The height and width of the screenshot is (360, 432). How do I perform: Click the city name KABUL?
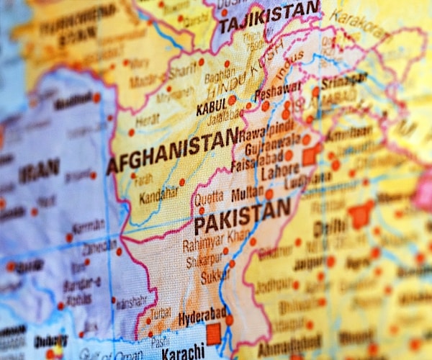pyautogui.click(x=211, y=109)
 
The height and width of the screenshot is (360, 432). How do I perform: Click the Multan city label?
pyautogui.click(x=247, y=194)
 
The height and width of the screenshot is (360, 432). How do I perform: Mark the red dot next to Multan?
pyautogui.click(x=269, y=194)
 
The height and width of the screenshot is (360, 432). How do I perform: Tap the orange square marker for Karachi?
pyautogui.click(x=213, y=334)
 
